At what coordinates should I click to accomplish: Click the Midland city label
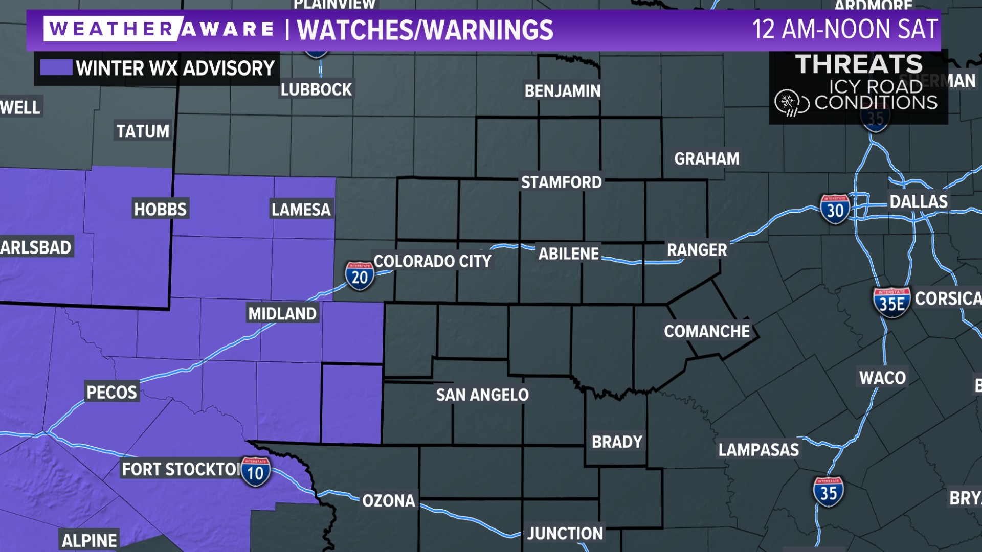coord(282,313)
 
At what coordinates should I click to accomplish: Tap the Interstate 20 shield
coord(360,276)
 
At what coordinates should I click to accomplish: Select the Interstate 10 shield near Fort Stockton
coord(255,472)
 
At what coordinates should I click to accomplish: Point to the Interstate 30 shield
coord(835,210)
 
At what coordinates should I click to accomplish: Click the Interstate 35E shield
coord(891,303)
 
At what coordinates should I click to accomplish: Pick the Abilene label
coord(568,254)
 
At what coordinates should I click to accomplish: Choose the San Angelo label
coord(482,395)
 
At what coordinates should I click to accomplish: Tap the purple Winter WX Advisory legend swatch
coord(56,67)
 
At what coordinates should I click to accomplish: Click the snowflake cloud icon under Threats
coord(791,103)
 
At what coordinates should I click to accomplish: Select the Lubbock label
coord(316,89)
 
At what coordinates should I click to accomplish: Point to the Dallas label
coord(919,201)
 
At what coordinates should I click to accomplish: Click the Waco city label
coord(882,378)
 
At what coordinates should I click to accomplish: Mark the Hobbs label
coord(160,209)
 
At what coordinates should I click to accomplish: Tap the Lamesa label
coord(301,209)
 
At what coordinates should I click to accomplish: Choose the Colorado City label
coord(432,261)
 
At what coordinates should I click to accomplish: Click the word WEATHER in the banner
coord(111,29)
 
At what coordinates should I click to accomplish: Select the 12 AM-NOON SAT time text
coord(844,29)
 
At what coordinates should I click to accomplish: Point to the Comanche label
coord(706,331)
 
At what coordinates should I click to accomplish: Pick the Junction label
coord(565,533)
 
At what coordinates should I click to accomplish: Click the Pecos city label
coord(111,392)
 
